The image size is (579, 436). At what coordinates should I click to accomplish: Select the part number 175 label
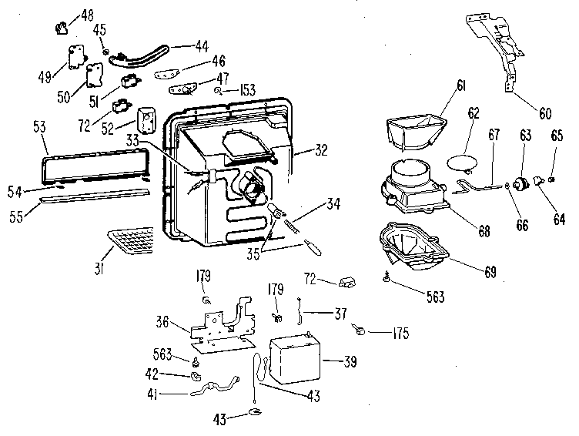(x=398, y=334)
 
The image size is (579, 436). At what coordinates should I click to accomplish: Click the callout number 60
(x=544, y=114)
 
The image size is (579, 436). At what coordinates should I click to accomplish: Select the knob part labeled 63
(x=526, y=183)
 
